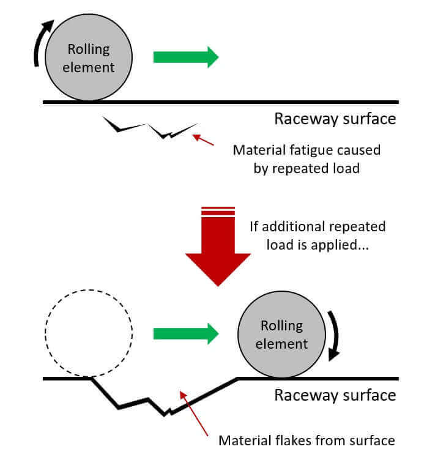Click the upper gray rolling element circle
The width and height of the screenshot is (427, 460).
point(89,57)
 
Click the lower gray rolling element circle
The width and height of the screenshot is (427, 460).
point(282,334)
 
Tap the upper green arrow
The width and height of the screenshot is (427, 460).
point(186,57)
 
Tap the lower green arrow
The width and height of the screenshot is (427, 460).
point(186,333)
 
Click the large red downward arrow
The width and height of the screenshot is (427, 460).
point(218,247)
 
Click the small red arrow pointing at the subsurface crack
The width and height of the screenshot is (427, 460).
point(203,140)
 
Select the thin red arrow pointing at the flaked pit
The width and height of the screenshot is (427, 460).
point(194,414)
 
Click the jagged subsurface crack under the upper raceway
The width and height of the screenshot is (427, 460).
point(150,128)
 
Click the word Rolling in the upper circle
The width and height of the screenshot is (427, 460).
point(89,50)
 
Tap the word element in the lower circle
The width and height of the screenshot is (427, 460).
point(282,344)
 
